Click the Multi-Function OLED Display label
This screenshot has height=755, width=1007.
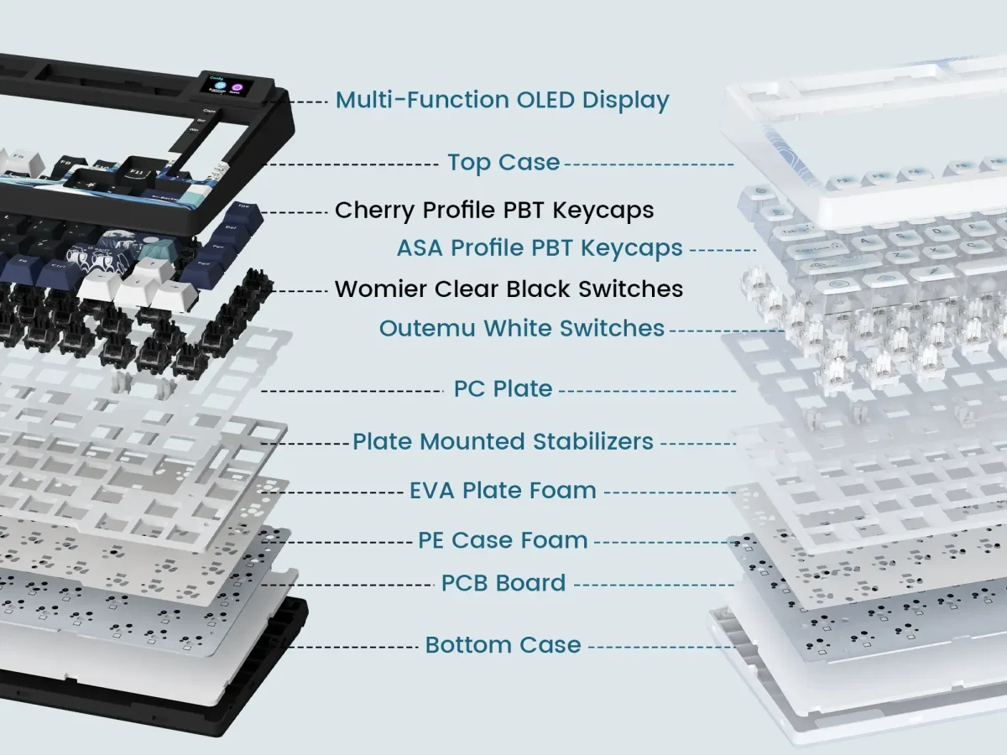[502, 100]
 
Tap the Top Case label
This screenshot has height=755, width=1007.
[503, 162]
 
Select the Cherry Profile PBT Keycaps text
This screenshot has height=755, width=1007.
[493, 210]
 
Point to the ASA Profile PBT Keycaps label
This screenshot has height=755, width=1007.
[540, 248]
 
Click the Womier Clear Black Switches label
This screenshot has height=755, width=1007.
[509, 289]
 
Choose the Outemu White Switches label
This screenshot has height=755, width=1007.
[521, 329]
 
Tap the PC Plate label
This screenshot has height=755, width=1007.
[503, 389]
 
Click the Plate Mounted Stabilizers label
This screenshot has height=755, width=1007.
[503, 441]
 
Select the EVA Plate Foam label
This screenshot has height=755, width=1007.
[503, 491]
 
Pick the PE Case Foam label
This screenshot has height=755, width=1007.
[503, 541]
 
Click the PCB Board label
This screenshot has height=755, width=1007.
[503, 583]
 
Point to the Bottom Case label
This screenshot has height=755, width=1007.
[503, 645]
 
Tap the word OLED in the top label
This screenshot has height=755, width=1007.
[545, 100]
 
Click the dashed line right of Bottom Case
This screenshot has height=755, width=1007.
[660, 646]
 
